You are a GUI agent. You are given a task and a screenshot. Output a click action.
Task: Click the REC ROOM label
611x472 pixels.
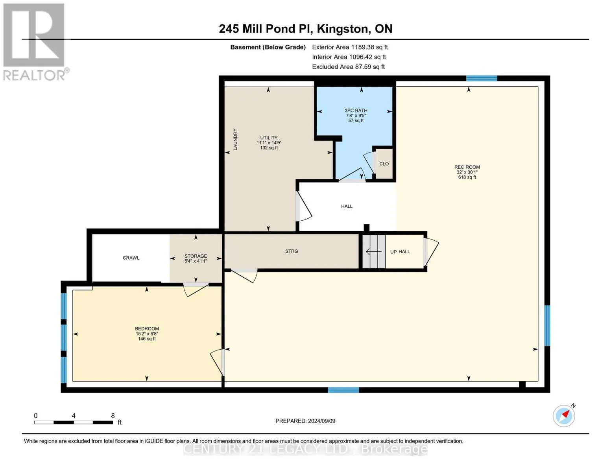tap(467, 167)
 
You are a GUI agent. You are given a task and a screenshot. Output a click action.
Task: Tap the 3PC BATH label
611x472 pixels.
tap(356, 111)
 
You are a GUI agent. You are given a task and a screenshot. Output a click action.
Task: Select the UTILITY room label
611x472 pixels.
tap(269, 137)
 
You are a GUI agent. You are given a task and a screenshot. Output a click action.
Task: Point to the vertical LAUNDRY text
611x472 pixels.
tap(235, 139)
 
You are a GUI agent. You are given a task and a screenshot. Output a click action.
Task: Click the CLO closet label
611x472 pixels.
tap(384, 164)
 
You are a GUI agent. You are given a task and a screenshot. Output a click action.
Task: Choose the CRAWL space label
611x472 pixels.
tap(131, 258)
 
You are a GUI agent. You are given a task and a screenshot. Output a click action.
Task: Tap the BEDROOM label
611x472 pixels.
tap(147, 328)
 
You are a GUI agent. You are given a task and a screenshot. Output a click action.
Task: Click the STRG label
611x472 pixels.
tap(291, 251)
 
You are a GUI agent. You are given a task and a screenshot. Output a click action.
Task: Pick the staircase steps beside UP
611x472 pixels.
tap(374, 252)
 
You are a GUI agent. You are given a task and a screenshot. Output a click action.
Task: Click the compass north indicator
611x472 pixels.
tap(564, 416)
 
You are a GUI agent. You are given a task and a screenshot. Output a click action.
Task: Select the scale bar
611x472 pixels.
tap(74, 422)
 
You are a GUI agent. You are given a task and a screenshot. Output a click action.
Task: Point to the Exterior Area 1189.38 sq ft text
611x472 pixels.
tap(350, 47)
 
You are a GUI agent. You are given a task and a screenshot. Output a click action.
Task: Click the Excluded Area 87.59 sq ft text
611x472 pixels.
tap(348, 67)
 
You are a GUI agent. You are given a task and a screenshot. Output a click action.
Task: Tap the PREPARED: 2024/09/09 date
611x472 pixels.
tap(305, 421)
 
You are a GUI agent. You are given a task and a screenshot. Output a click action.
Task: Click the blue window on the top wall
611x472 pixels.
tap(482, 78)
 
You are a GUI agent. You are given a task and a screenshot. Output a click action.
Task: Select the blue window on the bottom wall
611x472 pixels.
tap(343, 390)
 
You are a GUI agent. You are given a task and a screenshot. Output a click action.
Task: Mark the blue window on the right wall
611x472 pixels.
tap(547, 326)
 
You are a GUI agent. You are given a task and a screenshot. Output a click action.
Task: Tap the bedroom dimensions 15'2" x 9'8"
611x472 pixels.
tap(147, 334)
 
